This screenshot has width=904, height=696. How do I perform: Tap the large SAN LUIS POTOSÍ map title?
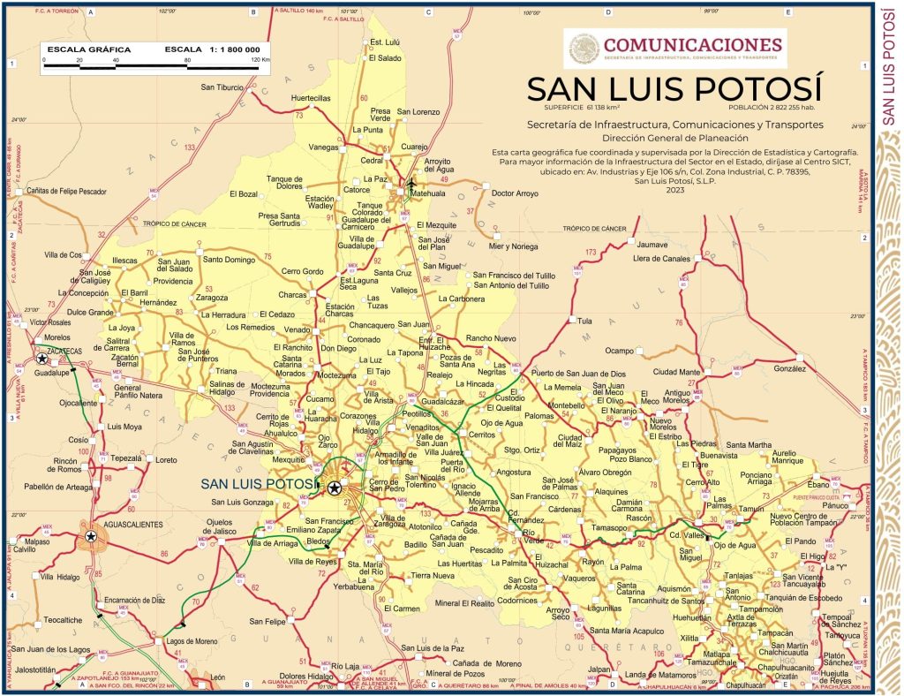point(674,89)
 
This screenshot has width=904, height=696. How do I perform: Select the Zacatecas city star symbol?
point(41,359)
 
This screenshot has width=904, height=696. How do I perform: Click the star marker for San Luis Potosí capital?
point(334,487)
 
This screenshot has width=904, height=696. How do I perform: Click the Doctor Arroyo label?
point(514,193)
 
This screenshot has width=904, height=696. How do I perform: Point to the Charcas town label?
point(293,294)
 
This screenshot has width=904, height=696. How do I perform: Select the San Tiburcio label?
point(222,87)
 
